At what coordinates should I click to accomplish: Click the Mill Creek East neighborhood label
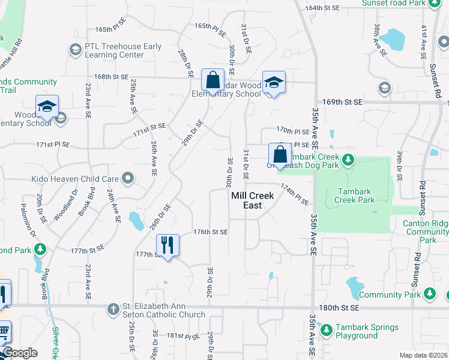pyautogui.click(x=252, y=200)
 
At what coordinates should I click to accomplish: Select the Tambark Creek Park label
pyautogui.click(x=353, y=196)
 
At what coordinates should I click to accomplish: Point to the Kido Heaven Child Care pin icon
pyautogui.click(x=127, y=178)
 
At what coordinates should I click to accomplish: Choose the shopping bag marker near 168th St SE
pyautogui.click(x=212, y=79)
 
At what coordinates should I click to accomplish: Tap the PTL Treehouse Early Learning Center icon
pyautogui.click(x=76, y=50)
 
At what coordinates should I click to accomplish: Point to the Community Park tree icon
pyautogui.click(x=429, y=293)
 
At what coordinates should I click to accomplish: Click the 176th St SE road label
pyautogui.click(x=210, y=232)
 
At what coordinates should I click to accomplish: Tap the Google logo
pyautogui.click(x=19, y=353)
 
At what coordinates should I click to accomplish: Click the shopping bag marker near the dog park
pyautogui.click(x=280, y=154)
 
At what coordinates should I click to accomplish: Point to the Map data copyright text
pyautogui.click(x=424, y=355)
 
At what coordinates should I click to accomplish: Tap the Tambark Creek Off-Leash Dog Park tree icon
pyautogui.click(x=348, y=160)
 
